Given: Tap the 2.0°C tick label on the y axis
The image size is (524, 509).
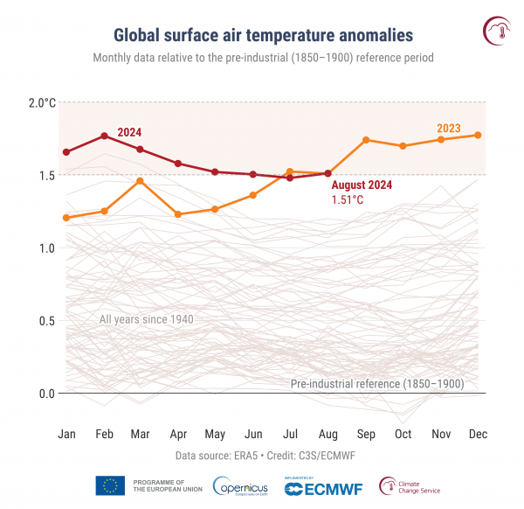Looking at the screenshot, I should pos(41,102).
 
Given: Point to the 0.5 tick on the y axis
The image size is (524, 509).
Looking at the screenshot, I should pos(46,321).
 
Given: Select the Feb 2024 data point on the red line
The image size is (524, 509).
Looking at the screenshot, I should pos(104,136).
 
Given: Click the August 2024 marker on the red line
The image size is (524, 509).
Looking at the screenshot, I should pos(328,173).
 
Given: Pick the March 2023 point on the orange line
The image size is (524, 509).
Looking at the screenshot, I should pos(141,180).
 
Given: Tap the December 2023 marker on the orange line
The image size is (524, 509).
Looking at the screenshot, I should pos(479,135).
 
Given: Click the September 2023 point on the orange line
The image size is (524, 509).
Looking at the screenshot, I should pos(366,140).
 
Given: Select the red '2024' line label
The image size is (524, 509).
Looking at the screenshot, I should pos(128,132).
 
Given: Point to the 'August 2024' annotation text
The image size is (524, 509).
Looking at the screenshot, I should pos(362,185).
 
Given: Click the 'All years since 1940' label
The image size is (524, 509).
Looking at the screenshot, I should pos(145,319).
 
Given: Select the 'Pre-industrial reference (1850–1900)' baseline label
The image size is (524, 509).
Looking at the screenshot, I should pos(377,383).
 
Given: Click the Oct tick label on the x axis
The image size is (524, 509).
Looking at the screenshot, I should pos(403,434).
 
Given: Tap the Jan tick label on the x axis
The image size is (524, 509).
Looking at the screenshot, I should pos(66,434).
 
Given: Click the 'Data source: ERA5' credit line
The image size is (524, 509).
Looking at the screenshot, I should pos(262,457).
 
